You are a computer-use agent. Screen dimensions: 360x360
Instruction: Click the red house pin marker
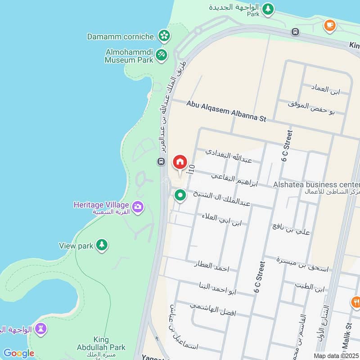click(180, 162)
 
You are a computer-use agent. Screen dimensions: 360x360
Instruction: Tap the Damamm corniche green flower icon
click(165, 36)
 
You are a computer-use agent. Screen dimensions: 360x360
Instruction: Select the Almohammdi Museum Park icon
click(162, 55)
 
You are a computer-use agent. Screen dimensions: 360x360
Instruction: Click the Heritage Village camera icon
click(138, 207)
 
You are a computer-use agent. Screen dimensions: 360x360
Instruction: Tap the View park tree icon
click(102, 245)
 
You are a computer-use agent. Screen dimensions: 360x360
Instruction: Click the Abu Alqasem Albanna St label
click(227, 111)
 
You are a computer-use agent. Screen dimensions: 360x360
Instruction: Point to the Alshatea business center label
click(316, 184)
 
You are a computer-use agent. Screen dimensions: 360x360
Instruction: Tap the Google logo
click(18, 353)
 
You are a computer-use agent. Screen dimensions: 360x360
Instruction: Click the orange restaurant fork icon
click(356, 302)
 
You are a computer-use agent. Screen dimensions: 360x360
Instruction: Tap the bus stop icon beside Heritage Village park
click(161, 161)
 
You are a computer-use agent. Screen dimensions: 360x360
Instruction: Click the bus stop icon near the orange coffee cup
click(295, 32)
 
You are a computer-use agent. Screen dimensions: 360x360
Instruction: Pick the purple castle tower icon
click(41, 329)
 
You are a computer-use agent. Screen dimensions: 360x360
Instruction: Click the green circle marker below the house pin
click(180, 195)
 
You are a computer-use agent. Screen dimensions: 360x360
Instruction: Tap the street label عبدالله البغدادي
click(229, 156)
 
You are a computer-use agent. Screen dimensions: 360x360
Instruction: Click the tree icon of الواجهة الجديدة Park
click(268, 9)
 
